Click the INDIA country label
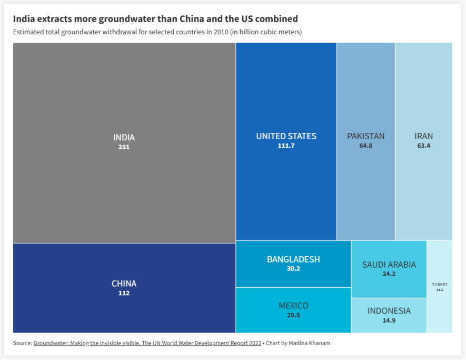pyautogui.click(x=124, y=138)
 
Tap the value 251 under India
pyautogui.click(x=124, y=147)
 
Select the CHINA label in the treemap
pyautogui.click(x=124, y=284)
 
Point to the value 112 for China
pyautogui.click(x=124, y=293)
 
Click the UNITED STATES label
pyautogui.click(x=286, y=136)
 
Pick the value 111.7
pyautogui.click(x=286, y=145)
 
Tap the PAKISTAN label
pyautogui.click(x=365, y=136)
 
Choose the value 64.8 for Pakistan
pyautogui.click(x=365, y=145)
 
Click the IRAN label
pyautogui.click(x=423, y=136)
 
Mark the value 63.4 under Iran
pyautogui.click(x=423, y=145)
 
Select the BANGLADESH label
pyautogui.click(x=293, y=259)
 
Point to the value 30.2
pyautogui.click(x=293, y=268)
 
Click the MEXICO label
pyautogui.click(x=293, y=306)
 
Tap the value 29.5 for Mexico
pyautogui.click(x=293, y=315)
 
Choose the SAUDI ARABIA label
pyautogui.click(x=389, y=265)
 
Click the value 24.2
pyautogui.click(x=389, y=274)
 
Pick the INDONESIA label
pyautogui.click(x=389, y=311)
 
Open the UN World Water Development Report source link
pyautogui.click(x=147, y=343)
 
